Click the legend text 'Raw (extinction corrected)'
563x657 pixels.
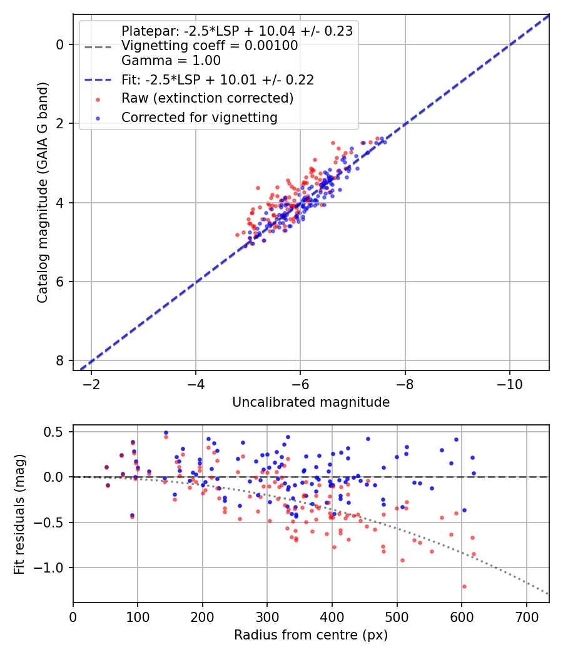click(207, 98)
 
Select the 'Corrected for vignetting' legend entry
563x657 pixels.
click(199, 117)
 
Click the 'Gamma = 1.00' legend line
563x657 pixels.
click(171, 61)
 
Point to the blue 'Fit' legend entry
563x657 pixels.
click(217, 79)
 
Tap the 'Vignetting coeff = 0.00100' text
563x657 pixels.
click(210, 46)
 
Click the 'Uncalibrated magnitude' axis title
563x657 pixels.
click(311, 402)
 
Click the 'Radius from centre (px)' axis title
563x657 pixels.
click(311, 635)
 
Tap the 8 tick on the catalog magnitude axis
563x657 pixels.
click(59, 360)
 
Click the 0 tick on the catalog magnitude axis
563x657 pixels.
click(59, 44)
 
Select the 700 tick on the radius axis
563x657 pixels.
click(526, 616)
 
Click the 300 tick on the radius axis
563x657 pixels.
click(267, 616)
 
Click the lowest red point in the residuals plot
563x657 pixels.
click(464, 586)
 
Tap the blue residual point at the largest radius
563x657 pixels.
click(474, 473)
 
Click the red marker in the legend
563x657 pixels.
click(97, 99)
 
